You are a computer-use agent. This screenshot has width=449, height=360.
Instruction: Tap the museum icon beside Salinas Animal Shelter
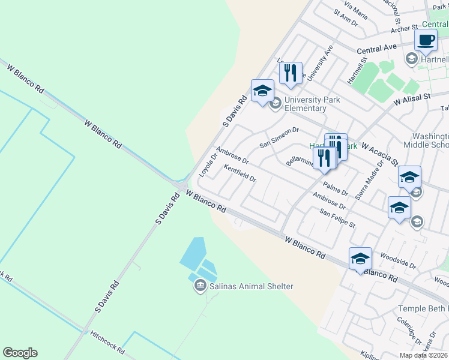[x=200, y=287]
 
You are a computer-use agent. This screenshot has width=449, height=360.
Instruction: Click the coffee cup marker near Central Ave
[x=426, y=41]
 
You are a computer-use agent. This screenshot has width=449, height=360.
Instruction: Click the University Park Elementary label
[x=306, y=104]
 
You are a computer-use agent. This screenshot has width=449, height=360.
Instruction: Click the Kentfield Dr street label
[x=240, y=174]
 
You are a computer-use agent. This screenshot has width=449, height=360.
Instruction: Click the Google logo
[x=20, y=353]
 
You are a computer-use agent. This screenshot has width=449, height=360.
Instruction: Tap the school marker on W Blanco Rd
[x=360, y=259]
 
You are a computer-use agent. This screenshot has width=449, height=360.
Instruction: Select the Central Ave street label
[x=377, y=47]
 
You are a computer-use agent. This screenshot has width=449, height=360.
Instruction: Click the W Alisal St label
[x=412, y=99]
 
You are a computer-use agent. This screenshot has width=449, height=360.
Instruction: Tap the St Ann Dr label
[x=345, y=17]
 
